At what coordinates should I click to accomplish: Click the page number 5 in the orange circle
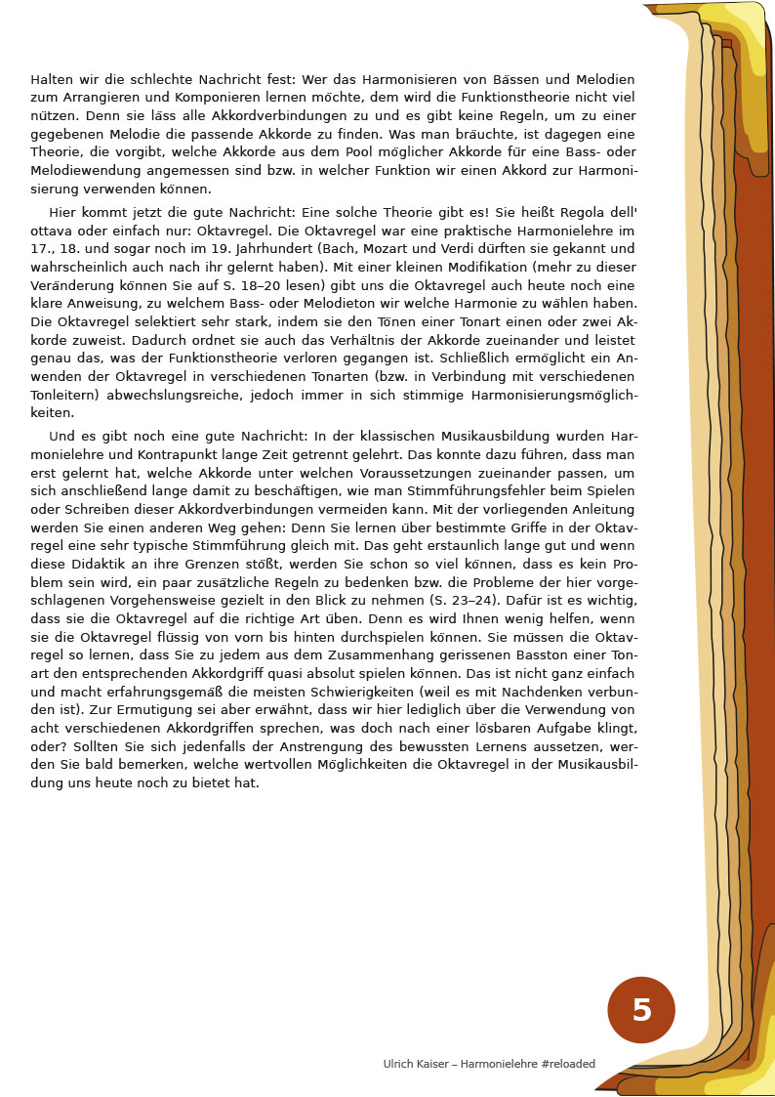coord(641,1010)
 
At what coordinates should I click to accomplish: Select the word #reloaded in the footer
coord(567,1064)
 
